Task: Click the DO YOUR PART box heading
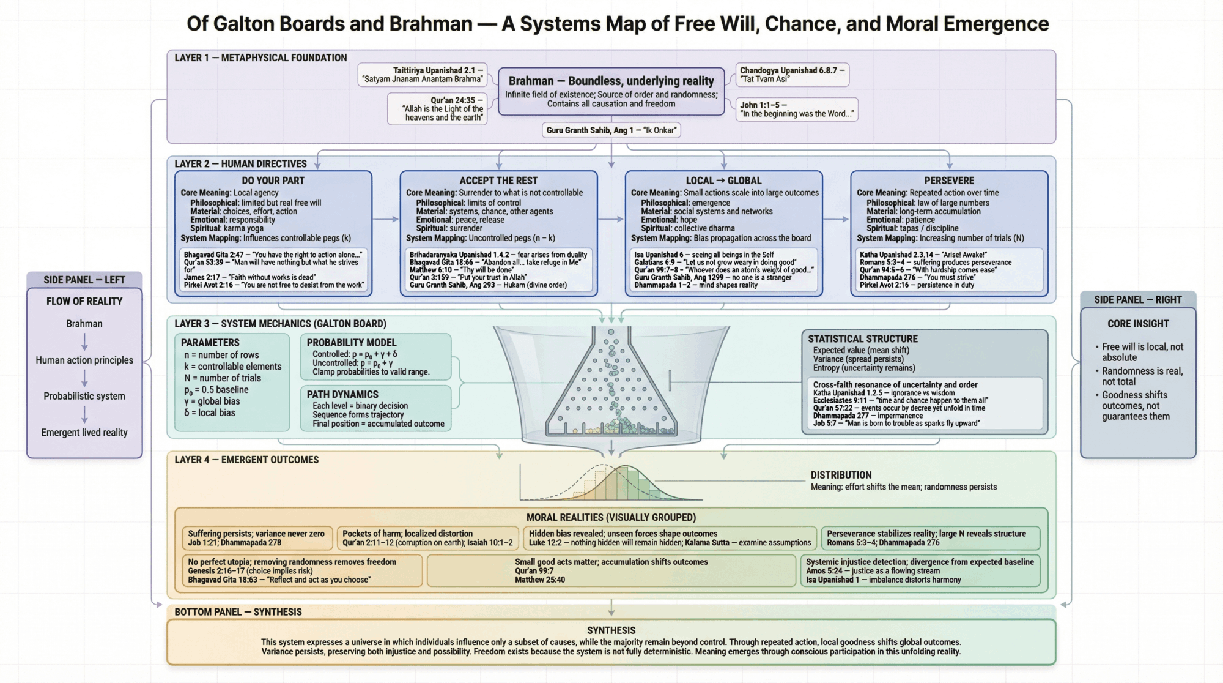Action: (x=273, y=181)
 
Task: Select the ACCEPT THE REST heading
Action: (x=498, y=181)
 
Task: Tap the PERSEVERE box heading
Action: (x=949, y=181)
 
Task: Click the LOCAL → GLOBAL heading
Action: (x=723, y=181)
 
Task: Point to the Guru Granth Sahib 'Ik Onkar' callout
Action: (x=611, y=130)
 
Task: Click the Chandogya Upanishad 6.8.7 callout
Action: (x=792, y=75)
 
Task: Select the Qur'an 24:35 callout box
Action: (x=437, y=109)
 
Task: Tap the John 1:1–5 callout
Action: (x=796, y=110)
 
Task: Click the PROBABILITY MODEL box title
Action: (x=351, y=343)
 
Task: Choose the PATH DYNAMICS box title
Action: (x=342, y=395)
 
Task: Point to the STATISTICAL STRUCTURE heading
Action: (x=862, y=339)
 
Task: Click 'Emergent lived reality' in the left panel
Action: (x=84, y=433)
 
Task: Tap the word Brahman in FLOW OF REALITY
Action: (x=84, y=324)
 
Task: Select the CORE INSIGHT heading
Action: (x=1137, y=324)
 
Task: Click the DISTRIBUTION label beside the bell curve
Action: (x=841, y=475)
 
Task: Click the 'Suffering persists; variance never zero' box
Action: (x=257, y=538)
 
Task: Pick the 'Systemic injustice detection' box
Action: (x=920, y=570)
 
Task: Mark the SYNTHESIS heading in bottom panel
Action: (x=611, y=630)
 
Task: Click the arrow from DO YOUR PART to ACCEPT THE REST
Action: (x=386, y=219)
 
